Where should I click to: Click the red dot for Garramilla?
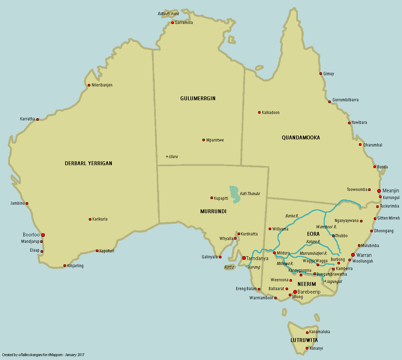pos(172,23)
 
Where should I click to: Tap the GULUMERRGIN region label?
pos(198,98)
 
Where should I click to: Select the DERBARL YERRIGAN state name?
pos(89,163)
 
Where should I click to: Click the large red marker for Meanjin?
pos(379,191)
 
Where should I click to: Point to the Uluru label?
pos(172,156)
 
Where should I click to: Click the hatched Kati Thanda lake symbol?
pos(234,194)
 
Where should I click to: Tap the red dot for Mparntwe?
pos(203,140)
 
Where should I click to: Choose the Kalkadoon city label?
pos(270,113)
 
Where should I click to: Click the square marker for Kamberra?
pos(333,269)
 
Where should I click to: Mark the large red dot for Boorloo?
pos(43,235)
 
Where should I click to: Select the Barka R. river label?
pos(292,216)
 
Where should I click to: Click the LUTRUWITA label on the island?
pos(304,340)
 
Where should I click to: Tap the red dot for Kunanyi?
pos(307,348)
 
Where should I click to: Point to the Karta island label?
pos(229,267)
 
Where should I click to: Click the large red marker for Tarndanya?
pos(244,258)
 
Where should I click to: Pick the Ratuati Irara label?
pos(168,14)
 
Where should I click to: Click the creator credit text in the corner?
pos(43,354)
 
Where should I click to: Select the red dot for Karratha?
pos(37,119)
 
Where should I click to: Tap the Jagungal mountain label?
pos(333,281)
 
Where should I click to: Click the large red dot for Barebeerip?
pos(295,292)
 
